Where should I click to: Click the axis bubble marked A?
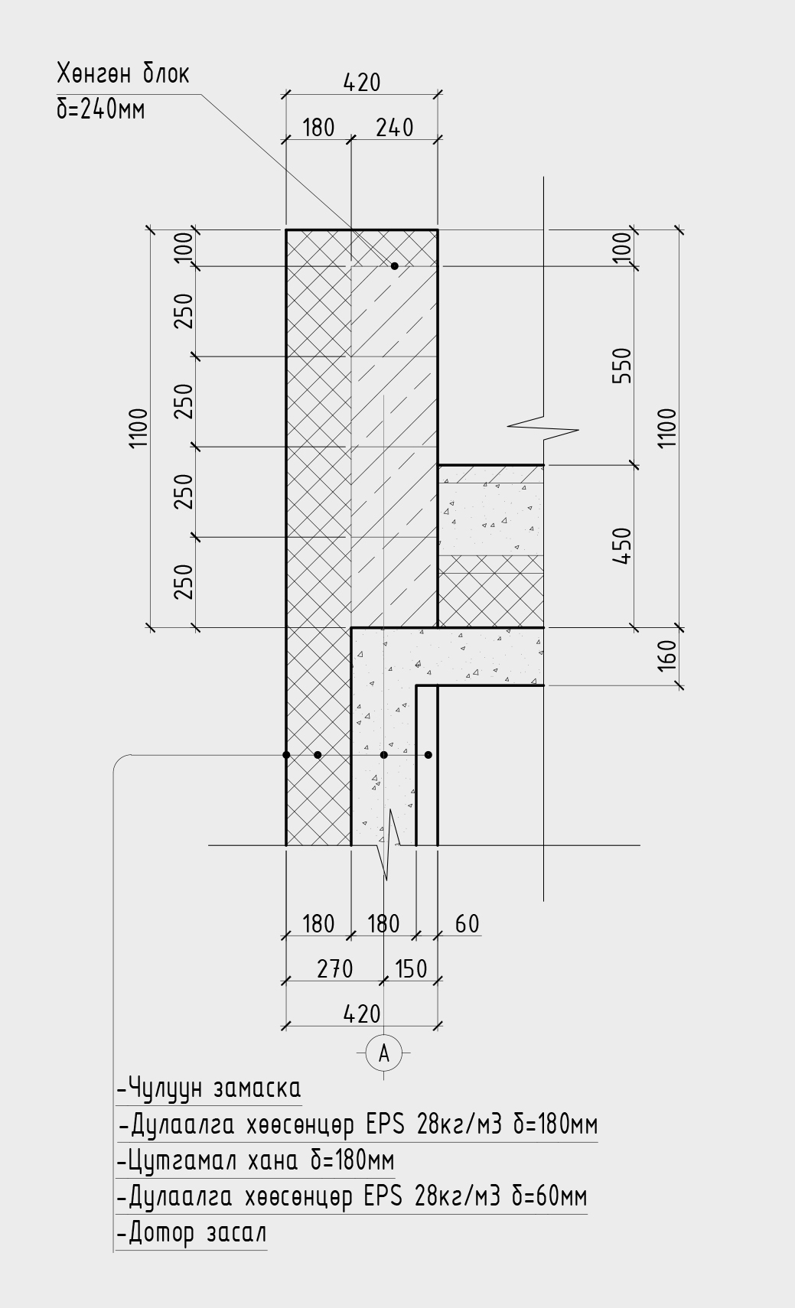click(x=384, y=1053)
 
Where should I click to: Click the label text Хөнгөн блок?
click(x=122, y=74)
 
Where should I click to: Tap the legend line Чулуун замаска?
click(x=209, y=1088)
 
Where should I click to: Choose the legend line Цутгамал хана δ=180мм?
click(x=256, y=1161)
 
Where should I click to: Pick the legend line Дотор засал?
click(x=192, y=1233)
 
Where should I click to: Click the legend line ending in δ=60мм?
click(x=352, y=1196)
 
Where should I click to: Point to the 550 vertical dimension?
click(x=624, y=366)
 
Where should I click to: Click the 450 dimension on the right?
click(x=624, y=546)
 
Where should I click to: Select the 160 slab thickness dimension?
click(x=668, y=656)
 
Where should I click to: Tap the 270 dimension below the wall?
click(x=334, y=969)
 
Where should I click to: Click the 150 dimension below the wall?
click(x=411, y=969)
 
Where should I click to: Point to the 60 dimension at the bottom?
click(x=467, y=924)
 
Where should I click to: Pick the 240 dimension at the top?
click(x=394, y=128)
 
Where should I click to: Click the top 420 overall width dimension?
click(x=362, y=83)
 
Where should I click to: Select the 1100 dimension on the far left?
click(x=138, y=428)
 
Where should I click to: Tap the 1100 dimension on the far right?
click(x=668, y=428)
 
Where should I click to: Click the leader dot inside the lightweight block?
click(x=394, y=266)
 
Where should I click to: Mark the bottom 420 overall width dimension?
click(x=362, y=1014)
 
